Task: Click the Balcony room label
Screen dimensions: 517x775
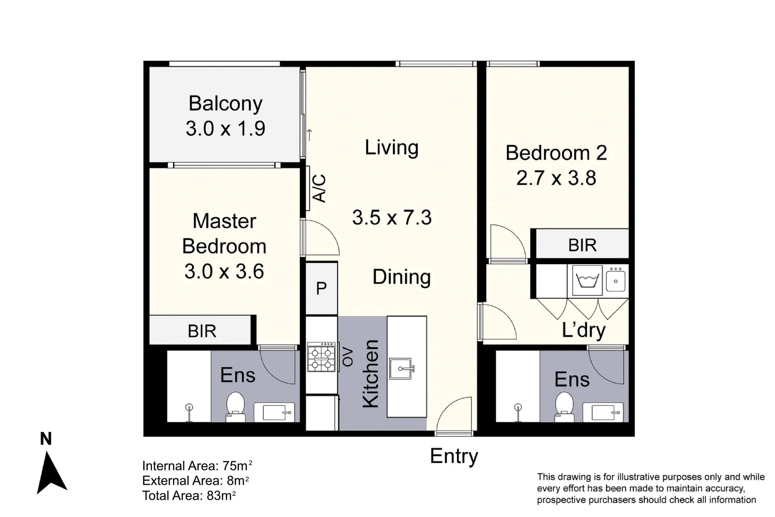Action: tap(225, 103)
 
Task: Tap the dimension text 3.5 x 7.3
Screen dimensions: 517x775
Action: tap(391, 218)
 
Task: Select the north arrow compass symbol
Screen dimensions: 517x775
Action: tap(51, 471)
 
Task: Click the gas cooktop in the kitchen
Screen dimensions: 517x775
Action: tap(321, 358)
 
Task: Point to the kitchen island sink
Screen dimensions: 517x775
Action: tap(401, 369)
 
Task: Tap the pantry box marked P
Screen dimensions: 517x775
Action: tap(321, 288)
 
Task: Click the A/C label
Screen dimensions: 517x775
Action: tap(319, 188)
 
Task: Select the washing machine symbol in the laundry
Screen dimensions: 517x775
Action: tap(587, 280)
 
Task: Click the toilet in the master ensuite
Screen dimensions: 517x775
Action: tap(236, 407)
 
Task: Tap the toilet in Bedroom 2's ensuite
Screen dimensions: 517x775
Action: tap(564, 407)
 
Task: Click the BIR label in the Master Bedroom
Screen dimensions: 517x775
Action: tap(201, 331)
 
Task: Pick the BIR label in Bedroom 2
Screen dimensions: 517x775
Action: tap(582, 245)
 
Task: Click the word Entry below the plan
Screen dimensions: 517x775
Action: tap(454, 456)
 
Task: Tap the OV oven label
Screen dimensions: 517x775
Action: tap(347, 357)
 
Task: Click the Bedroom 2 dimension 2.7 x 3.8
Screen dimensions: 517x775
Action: tap(556, 178)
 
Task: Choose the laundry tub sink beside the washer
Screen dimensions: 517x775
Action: tap(616, 280)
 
